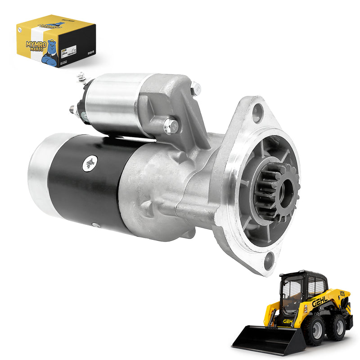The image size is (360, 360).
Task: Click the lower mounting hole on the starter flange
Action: click(x=269, y=260)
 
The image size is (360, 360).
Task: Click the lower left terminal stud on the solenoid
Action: click(x=73, y=109)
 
